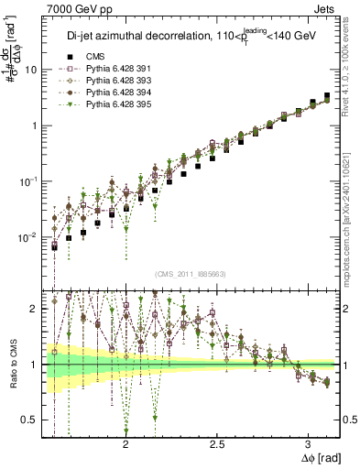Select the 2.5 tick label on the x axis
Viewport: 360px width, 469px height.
tap(217, 442)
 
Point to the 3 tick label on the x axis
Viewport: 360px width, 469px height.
tap(308, 442)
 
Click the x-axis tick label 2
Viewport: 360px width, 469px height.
tap(125, 442)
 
